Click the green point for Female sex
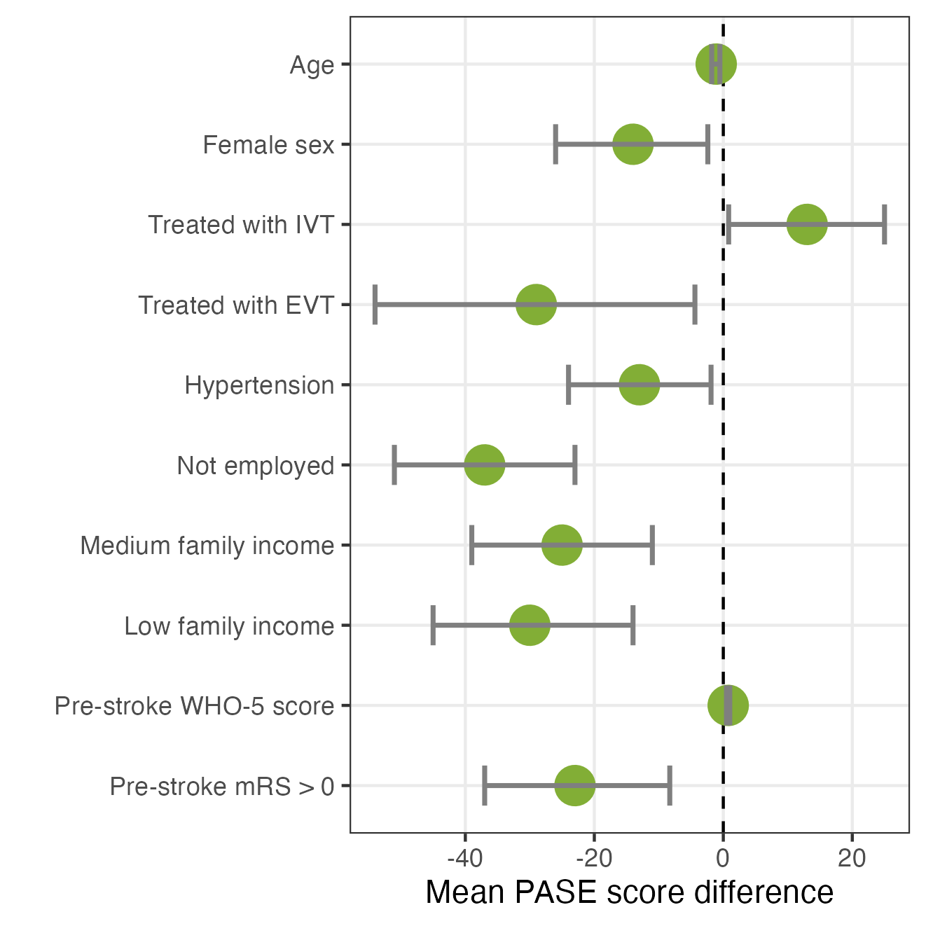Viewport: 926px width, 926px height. pos(633,144)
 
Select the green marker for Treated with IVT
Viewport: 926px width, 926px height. pos(807,224)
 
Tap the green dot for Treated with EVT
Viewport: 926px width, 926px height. pos(537,305)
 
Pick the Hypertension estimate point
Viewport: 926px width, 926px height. pos(639,385)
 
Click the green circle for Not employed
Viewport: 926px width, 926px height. pos(485,464)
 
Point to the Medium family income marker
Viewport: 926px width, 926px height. pos(562,545)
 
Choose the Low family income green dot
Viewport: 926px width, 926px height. pos(530,626)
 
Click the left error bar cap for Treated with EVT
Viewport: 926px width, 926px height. pos(375,305)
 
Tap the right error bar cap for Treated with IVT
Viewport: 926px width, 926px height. pos(884,224)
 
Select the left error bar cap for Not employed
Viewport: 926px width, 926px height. pos(394,464)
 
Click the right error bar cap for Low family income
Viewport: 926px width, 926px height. pos(633,626)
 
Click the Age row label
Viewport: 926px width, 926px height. pos(312,66)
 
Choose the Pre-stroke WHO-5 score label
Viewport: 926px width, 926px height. pos(194,706)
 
